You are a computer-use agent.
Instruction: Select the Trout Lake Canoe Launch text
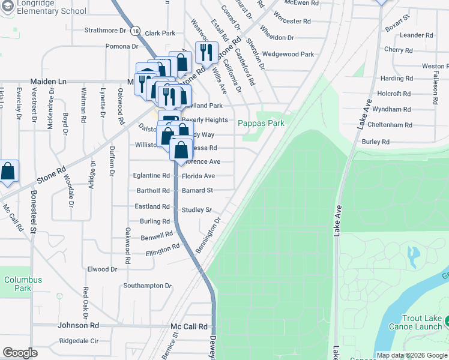point(418,322)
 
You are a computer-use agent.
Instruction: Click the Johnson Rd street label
point(78,325)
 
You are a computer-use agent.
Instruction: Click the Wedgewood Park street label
point(288,54)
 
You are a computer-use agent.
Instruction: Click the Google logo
point(20,353)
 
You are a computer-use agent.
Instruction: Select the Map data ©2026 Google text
point(412,355)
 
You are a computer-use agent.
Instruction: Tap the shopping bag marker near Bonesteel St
point(8,172)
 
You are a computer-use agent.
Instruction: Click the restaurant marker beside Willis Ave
point(206,53)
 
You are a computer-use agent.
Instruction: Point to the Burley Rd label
point(376,142)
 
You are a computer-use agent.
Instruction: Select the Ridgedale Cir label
point(79,341)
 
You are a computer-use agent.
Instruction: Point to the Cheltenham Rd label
point(391,125)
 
